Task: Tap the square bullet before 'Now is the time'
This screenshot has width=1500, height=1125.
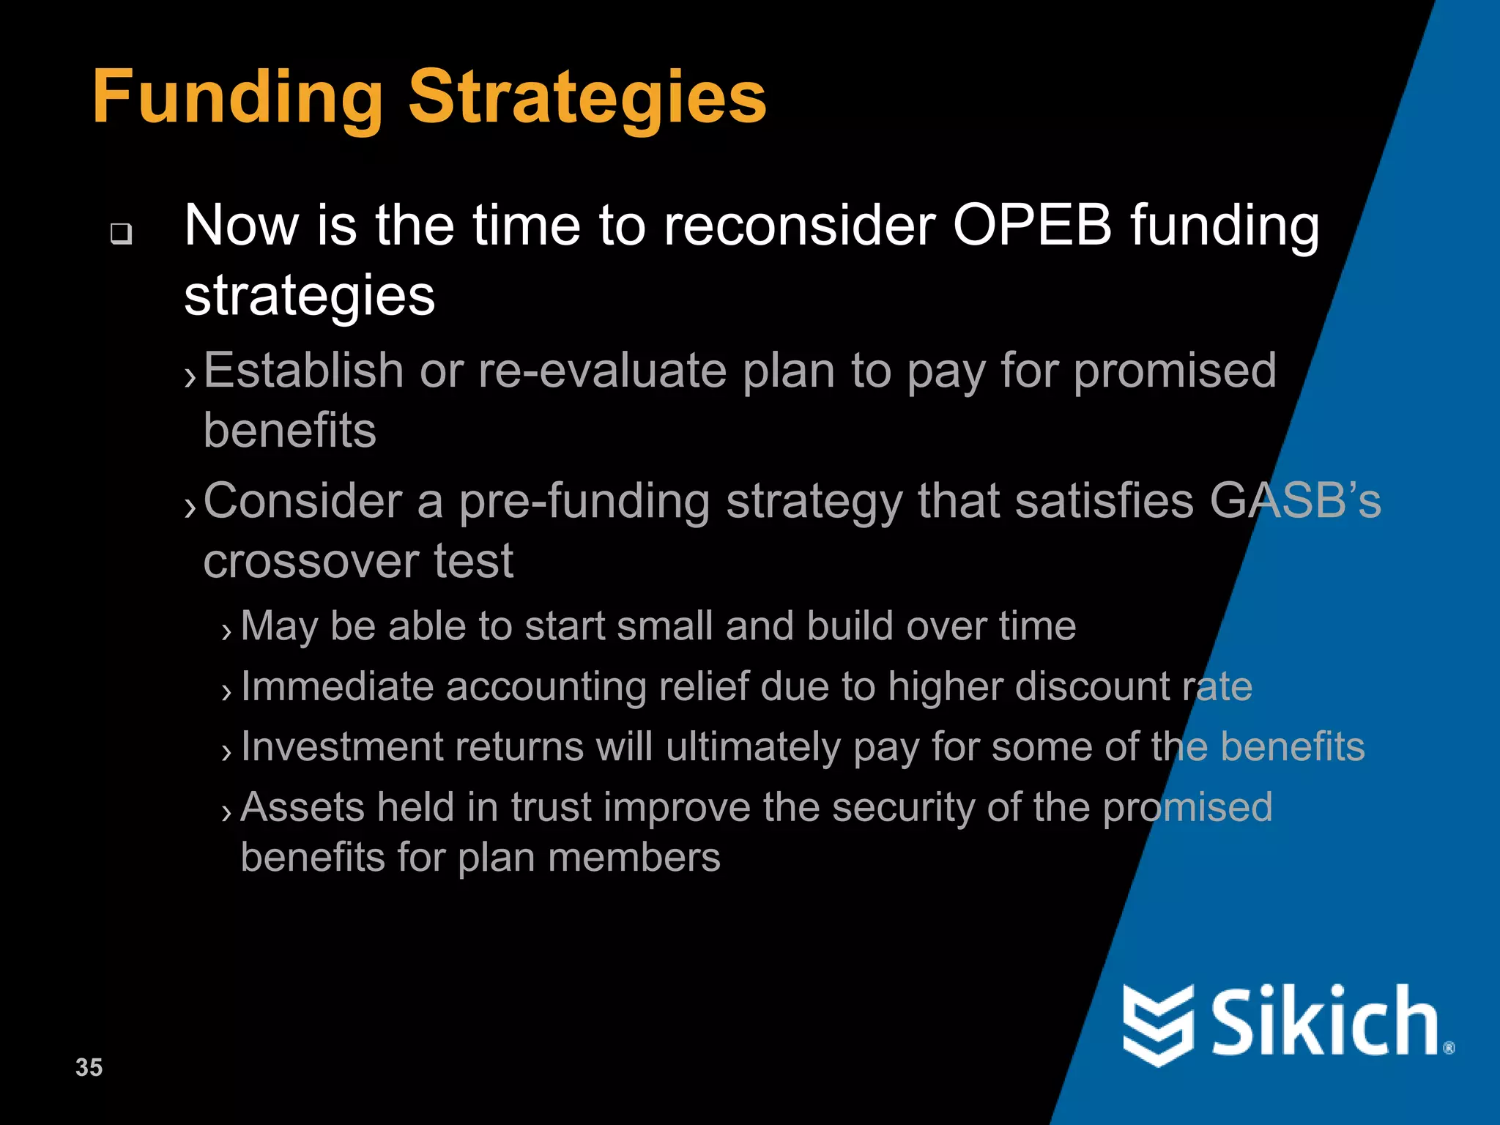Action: (x=121, y=234)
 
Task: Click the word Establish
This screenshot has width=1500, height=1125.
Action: (x=303, y=370)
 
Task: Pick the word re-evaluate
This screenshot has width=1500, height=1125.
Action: (x=602, y=370)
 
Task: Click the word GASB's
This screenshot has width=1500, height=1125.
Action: (x=1294, y=502)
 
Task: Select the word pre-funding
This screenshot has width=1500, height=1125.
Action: (x=584, y=503)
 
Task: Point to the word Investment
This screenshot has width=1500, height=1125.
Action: (x=341, y=747)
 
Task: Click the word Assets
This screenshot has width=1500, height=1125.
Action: (x=302, y=807)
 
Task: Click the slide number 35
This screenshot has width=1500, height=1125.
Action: (x=89, y=1067)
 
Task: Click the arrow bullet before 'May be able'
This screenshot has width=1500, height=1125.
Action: (x=226, y=631)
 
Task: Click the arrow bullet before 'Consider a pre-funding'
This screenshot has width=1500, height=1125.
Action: (x=190, y=508)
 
